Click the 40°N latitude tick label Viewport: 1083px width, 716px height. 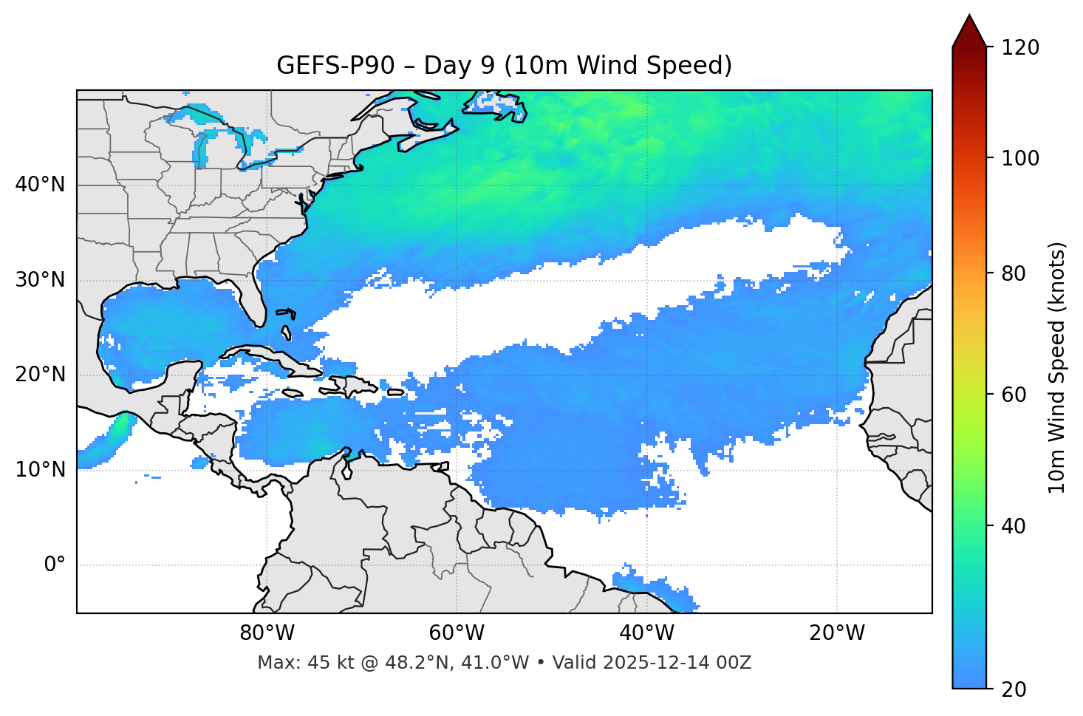[x=40, y=185]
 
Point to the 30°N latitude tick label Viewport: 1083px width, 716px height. [x=40, y=280]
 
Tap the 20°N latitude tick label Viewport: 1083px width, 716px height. [x=40, y=375]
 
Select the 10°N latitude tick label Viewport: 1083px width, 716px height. [x=40, y=470]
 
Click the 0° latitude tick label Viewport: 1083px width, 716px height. [x=55, y=565]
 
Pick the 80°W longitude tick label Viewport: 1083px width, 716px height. [x=267, y=633]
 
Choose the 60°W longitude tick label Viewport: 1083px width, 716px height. [x=457, y=633]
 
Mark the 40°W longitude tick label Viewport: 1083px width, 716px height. [x=647, y=633]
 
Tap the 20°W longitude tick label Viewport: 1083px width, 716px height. [x=837, y=633]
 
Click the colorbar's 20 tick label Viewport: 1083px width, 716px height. [x=1014, y=689]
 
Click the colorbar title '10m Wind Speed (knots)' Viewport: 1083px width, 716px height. [x=1057, y=367]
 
